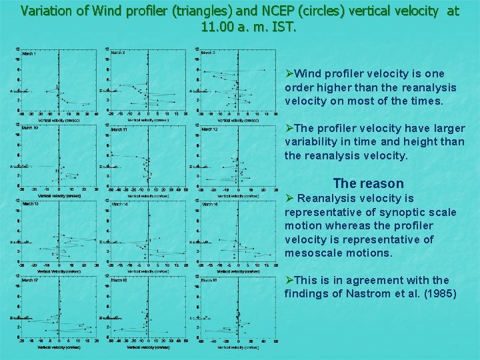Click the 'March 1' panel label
point(30,53)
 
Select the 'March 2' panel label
point(117,53)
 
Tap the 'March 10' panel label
point(31,128)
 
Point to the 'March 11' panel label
point(119,129)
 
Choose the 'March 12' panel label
point(209,129)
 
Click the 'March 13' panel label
point(31,204)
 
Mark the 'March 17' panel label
point(31,280)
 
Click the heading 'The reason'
point(368,183)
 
